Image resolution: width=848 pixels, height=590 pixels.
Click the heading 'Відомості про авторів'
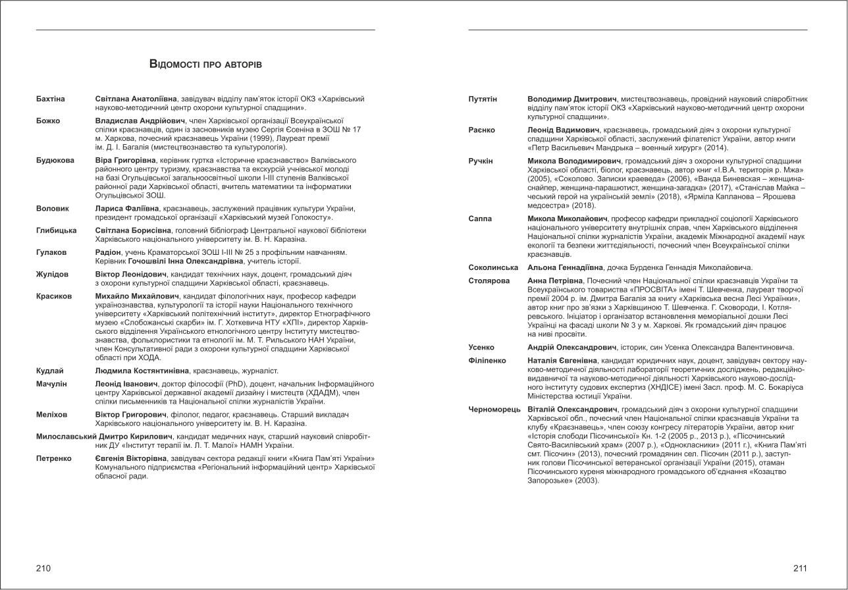pos(205,64)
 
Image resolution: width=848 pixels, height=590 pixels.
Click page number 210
pos(43,568)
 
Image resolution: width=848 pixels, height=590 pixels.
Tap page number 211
pos(800,568)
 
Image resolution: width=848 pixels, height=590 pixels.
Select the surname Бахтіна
pos(51,99)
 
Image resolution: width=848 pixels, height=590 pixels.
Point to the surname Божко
pos(48,121)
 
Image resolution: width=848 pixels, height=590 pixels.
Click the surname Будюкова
pos(55,160)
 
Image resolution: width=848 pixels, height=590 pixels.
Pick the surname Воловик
pos(53,208)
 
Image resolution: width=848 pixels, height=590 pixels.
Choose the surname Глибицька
pos(57,230)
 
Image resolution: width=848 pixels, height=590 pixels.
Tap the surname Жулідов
pos(53,274)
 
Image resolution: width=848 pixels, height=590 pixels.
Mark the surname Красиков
pos(54,296)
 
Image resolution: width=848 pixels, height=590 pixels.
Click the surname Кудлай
pos(50,371)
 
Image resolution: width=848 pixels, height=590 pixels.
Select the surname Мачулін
pos(51,383)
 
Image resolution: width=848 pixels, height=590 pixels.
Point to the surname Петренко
pos(54,458)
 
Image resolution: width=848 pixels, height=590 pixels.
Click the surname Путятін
pos(483,99)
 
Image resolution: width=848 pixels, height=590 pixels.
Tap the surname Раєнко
pos(481,130)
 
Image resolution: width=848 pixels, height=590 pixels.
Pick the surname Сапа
pos(480,218)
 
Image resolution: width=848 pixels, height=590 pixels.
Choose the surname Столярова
pos(489,281)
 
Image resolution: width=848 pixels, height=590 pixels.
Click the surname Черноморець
pos(494,410)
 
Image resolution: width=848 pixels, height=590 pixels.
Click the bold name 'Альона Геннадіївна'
pos(565,267)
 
